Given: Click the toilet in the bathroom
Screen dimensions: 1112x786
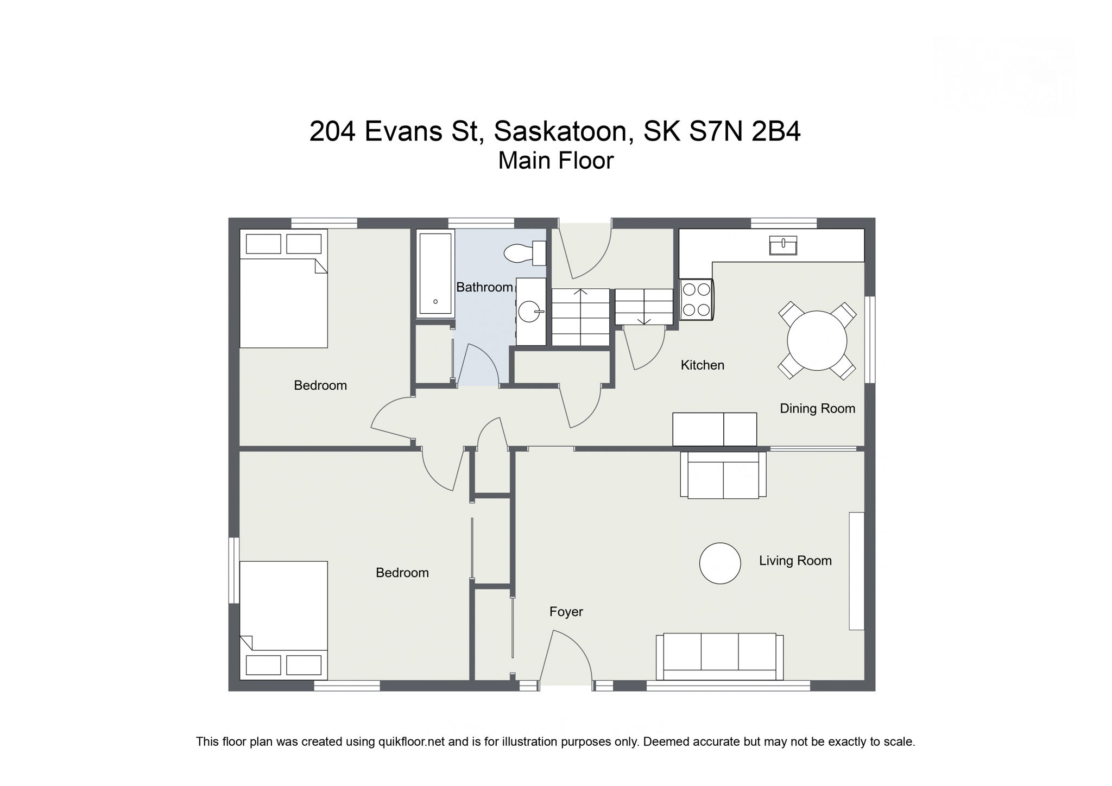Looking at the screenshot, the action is [x=525, y=253].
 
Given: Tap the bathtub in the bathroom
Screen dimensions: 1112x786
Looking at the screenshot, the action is [x=435, y=274].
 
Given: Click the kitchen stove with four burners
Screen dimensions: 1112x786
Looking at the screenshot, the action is [x=696, y=300].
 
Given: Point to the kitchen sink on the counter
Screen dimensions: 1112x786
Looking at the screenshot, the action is [x=783, y=245].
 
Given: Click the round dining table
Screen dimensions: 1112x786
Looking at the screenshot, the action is [x=817, y=340].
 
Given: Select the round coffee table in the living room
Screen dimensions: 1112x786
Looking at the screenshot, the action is [x=720, y=563].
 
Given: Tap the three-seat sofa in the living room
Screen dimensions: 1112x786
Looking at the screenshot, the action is [x=719, y=657].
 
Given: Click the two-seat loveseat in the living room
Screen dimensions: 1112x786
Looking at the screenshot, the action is [x=723, y=475].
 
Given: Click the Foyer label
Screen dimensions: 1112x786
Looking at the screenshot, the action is [x=566, y=612].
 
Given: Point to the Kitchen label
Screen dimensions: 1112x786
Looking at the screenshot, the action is [x=703, y=365].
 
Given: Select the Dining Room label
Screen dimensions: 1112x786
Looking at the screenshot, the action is [x=817, y=408].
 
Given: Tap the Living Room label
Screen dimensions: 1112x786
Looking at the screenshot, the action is [x=795, y=561].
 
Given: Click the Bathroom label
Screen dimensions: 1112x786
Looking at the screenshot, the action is [x=484, y=287].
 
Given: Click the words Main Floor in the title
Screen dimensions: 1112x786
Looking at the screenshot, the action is [x=556, y=161].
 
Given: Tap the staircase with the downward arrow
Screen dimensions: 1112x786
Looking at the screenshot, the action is [x=644, y=307].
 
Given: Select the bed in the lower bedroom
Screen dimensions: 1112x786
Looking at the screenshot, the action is [x=283, y=620].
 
